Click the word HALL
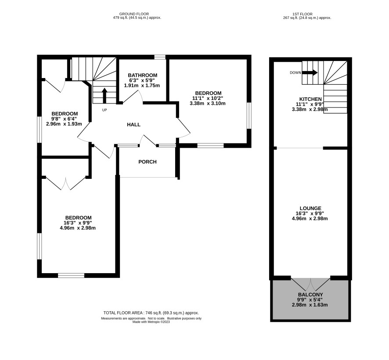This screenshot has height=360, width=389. pyautogui.click(x=134, y=125)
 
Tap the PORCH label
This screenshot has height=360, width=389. pyautogui.click(x=148, y=162)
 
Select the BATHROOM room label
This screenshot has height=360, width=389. pyautogui.click(x=142, y=75)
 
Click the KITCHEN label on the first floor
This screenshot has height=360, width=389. pyautogui.click(x=310, y=99)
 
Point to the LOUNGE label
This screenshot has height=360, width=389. pyautogui.click(x=310, y=208)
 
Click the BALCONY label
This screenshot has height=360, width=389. pyautogui.click(x=310, y=295)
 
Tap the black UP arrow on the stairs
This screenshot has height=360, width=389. pyautogui.click(x=104, y=96)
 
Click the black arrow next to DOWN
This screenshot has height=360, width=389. pyautogui.click(x=310, y=73)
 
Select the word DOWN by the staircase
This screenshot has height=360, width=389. pyautogui.click(x=295, y=73)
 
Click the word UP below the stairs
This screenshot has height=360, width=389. pyautogui.click(x=104, y=110)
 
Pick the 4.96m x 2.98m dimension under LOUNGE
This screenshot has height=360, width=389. pyautogui.click(x=310, y=218)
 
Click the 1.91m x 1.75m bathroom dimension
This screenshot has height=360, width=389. pyautogui.click(x=142, y=86)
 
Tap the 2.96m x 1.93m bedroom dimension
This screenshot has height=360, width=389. pyautogui.click(x=64, y=124)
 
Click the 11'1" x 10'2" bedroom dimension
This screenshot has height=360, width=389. pyautogui.click(x=208, y=98)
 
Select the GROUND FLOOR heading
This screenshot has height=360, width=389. pyautogui.click(x=134, y=14)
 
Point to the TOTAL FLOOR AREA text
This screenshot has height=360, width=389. pyautogui.click(x=151, y=313)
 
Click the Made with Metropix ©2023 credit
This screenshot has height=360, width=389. pyautogui.click(x=151, y=322)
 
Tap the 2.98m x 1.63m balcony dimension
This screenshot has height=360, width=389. pyautogui.click(x=310, y=305)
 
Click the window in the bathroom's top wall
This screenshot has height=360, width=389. pyautogui.click(x=160, y=57)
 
